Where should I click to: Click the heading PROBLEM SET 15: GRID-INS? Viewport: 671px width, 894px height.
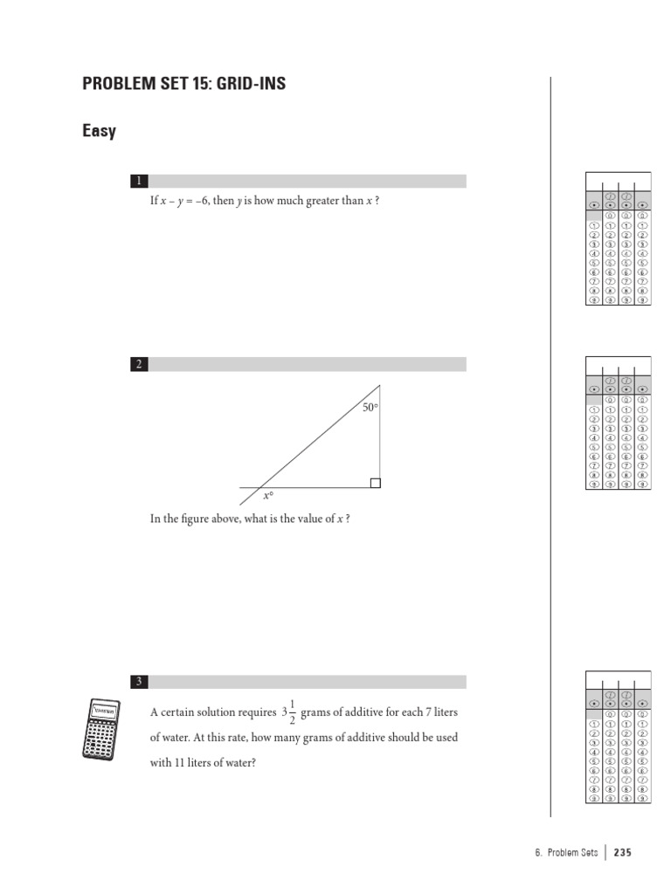tap(183, 84)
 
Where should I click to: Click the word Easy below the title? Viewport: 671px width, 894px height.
tap(99, 132)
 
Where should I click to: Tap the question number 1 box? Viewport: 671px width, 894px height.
tap(138, 182)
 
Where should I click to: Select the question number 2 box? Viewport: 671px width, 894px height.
tap(138, 364)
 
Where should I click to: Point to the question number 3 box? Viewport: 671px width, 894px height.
tap(138, 682)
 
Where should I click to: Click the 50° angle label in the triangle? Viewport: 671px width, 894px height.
tap(370, 408)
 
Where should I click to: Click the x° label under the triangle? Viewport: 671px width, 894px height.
tap(268, 496)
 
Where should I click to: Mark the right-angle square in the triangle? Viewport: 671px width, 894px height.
tap(375, 483)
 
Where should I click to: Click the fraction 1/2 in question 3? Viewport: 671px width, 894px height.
tap(291, 712)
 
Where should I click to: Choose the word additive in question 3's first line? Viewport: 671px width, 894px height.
tap(356, 712)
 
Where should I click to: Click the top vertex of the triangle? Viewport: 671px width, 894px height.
tap(380, 385)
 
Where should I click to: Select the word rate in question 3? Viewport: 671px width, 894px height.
tap(237, 738)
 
